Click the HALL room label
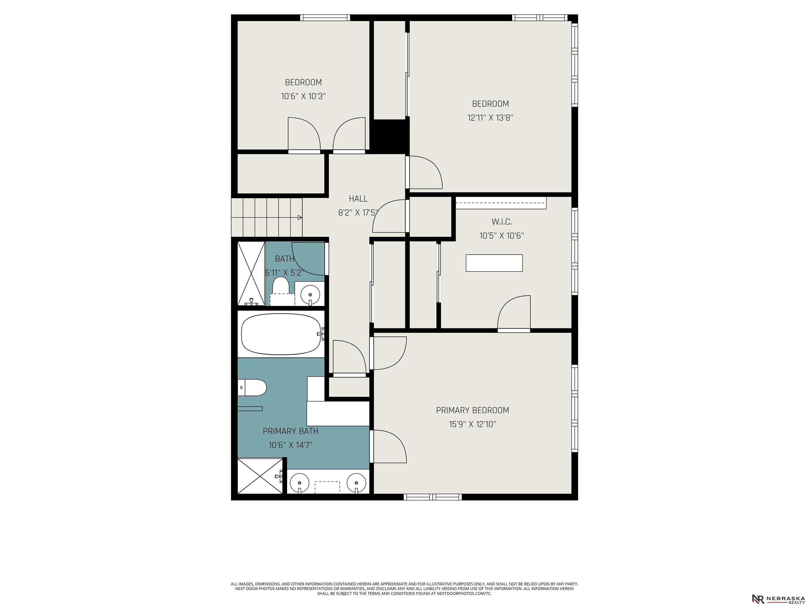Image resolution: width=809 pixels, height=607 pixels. click(358, 199)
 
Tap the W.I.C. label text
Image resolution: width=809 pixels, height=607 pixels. click(501, 222)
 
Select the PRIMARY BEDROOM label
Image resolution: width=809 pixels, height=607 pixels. click(472, 410)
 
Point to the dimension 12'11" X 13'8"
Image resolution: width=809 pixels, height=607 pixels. click(490, 118)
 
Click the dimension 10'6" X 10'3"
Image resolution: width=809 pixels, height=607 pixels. click(303, 96)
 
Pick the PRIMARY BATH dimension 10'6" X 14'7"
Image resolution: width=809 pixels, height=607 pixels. click(290, 445)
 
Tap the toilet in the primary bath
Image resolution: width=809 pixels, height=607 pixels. click(252, 388)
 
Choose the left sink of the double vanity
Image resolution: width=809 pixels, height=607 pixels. click(299, 483)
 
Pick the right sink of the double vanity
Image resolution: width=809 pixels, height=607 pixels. click(356, 483)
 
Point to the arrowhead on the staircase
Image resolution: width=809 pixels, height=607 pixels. click(300, 218)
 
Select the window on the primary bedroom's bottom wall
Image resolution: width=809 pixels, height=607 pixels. click(433, 497)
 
